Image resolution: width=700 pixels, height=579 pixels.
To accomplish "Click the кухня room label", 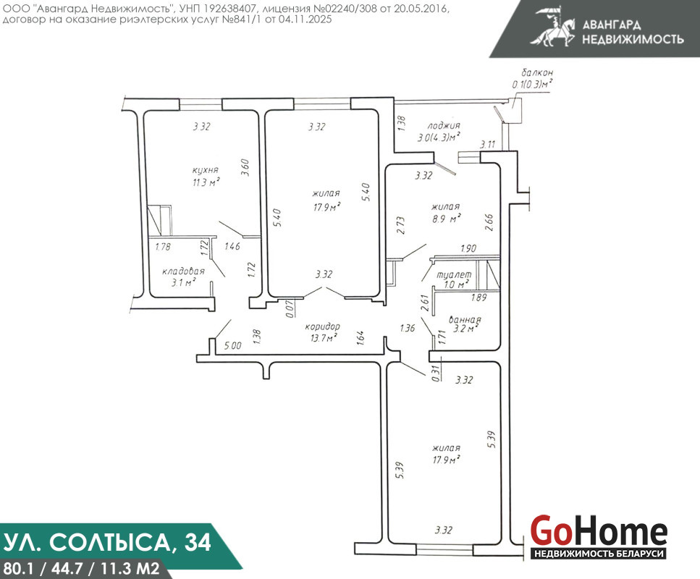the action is click(206, 170).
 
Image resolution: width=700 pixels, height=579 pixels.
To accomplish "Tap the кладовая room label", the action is click(183, 271).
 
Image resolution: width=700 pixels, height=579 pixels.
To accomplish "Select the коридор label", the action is click(322, 327).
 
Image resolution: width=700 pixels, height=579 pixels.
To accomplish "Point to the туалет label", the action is click(454, 274).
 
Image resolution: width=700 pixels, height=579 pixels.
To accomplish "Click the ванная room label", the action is click(465, 320).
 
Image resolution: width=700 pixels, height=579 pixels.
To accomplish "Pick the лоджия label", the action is click(443, 126).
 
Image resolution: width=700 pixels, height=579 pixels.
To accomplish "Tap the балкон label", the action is click(537, 72).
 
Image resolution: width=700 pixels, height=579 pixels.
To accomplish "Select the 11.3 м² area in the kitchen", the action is click(206, 182).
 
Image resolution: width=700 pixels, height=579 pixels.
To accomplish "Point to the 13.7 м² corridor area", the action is click(323, 338).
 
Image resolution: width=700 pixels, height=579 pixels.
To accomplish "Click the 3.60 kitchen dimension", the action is click(245, 168).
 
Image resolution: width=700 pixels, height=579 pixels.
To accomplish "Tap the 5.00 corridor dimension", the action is click(232, 345).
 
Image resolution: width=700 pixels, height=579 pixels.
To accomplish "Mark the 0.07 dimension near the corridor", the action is click(290, 308).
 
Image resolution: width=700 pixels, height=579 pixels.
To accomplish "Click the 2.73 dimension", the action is click(400, 225).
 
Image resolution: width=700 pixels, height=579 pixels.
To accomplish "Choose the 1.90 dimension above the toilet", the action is click(468, 249).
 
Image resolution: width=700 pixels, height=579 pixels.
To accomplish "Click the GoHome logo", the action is click(599, 536).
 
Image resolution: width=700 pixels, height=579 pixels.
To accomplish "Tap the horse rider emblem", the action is click(553, 26).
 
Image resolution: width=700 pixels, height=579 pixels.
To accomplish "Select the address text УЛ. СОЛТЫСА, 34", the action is click(107, 542).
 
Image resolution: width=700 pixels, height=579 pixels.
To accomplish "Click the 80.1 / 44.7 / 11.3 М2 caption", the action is click(81, 568).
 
